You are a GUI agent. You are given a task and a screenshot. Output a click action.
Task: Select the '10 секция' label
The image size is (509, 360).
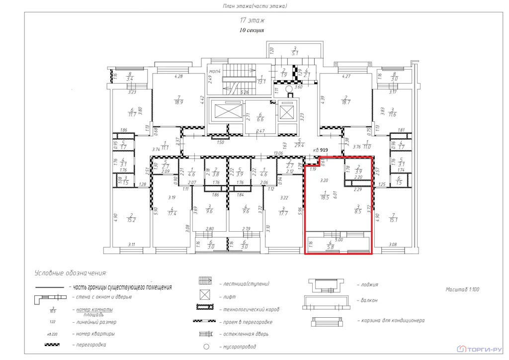(252, 30)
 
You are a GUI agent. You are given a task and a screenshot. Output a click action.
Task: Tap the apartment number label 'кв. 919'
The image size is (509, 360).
(320, 150)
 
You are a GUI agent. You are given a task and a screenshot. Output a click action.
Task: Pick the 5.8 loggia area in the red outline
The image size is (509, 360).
(330, 245)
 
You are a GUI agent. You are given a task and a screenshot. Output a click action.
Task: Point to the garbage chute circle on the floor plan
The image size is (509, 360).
(288, 90)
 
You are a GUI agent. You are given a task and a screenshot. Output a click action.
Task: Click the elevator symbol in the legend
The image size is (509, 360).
(206, 296)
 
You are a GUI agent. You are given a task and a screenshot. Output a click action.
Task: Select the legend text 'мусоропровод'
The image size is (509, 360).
(241, 346)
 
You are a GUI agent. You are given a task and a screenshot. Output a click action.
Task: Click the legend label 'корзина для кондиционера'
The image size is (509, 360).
(391, 321)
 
